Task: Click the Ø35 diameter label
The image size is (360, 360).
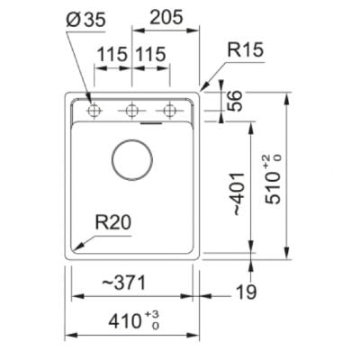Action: pyautogui.click(x=86, y=20)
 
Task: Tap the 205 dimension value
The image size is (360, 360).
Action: pyautogui.click(x=166, y=17)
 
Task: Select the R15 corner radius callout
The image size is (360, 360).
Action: pyautogui.click(x=245, y=49)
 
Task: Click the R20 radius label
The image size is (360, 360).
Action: pyautogui.click(x=113, y=223)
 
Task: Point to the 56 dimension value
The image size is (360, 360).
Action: pyautogui.click(x=234, y=101)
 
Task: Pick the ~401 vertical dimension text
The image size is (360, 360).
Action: pyautogui.click(x=238, y=193)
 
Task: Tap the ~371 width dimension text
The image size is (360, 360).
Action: pyautogui.click(x=124, y=283)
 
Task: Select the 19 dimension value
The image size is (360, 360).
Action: pyautogui.click(x=247, y=292)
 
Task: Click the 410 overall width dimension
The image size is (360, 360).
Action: pyautogui.click(x=124, y=321)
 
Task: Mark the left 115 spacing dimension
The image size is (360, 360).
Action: pyautogui.click(x=112, y=54)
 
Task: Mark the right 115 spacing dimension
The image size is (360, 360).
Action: pyautogui.click(x=150, y=54)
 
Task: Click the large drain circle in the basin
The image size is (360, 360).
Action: pyautogui.click(x=132, y=159)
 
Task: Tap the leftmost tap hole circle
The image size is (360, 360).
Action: pyautogui.click(x=94, y=111)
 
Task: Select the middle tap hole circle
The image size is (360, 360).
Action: pyautogui.click(x=131, y=111)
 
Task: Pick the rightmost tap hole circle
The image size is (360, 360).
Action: pyautogui.click(x=170, y=111)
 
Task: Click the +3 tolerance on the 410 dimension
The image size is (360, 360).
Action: pyautogui.click(x=152, y=315)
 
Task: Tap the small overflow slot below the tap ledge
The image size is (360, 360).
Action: pyautogui.click(x=151, y=122)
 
